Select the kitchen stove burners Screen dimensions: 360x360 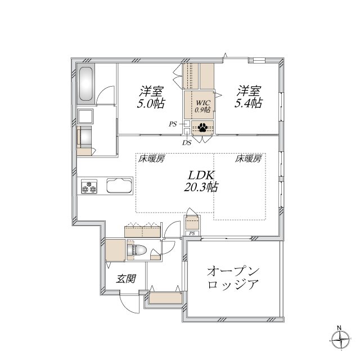[x=89, y=186]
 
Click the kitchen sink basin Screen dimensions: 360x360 [x=117, y=186]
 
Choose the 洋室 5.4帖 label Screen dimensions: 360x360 [x=249, y=97]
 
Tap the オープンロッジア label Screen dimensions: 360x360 [x=233, y=277]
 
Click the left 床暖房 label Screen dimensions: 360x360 [x=151, y=159]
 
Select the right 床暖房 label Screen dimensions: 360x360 [x=248, y=159]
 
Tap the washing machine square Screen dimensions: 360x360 [x=86, y=116]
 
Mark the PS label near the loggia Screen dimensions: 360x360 [x=192, y=233]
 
